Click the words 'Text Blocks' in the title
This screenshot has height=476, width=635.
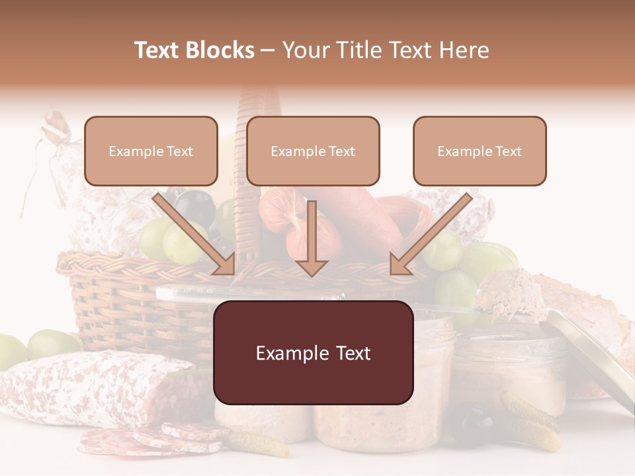point(194,50)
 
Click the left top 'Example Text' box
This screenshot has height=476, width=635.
point(151,151)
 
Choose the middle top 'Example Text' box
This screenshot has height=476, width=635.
point(313,151)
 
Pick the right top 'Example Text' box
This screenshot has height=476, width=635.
point(480,151)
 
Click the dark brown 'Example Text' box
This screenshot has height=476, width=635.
point(313,352)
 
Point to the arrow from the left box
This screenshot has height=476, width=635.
point(195,235)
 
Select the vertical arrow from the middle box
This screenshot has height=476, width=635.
point(312,238)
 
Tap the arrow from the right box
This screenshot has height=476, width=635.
point(430,235)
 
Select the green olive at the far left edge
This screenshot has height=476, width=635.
point(9,350)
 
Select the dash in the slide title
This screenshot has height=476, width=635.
point(268,50)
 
